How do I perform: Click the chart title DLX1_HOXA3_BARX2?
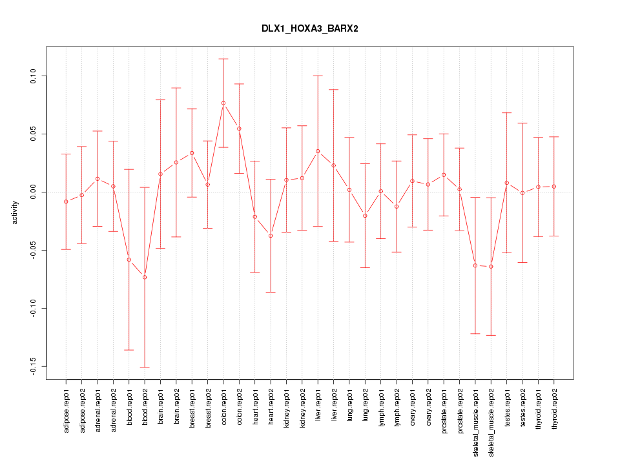pos(309,29)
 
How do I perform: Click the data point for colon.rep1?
pos(223,103)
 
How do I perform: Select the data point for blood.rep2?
pos(145,277)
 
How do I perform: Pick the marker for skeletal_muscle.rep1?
pos(475,265)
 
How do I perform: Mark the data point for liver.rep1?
pos(318,151)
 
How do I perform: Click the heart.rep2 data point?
pos(271,236)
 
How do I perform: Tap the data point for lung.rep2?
pos(365,216)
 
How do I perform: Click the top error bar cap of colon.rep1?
pos(223,59)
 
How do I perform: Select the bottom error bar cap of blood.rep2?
pos(145,367)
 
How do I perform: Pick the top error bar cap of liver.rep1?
pos(318,76)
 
